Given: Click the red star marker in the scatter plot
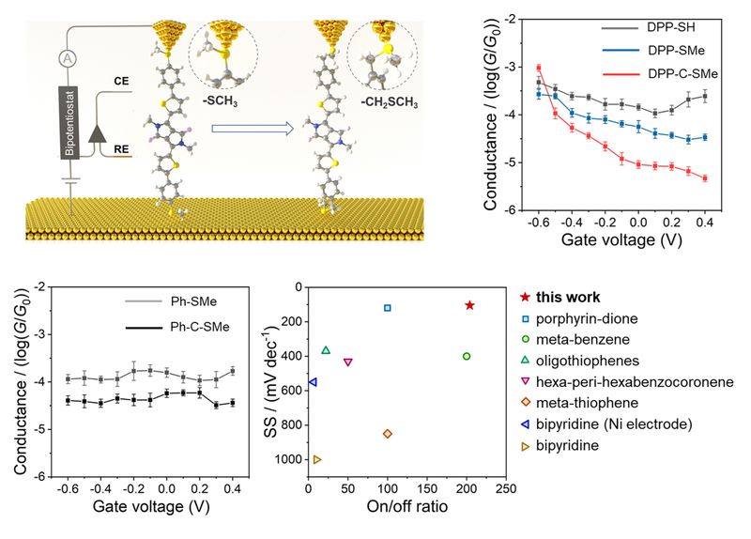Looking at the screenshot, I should (469, 305).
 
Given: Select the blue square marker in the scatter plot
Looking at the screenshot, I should (388, 308).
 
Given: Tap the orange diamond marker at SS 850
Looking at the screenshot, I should (388, 433).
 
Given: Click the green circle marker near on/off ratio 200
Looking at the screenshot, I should (467, 356).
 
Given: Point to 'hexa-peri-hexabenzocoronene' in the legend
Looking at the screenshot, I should (636, 383).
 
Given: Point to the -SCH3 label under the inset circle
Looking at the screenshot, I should (222, 98).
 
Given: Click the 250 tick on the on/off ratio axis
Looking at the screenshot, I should (505, 489).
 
